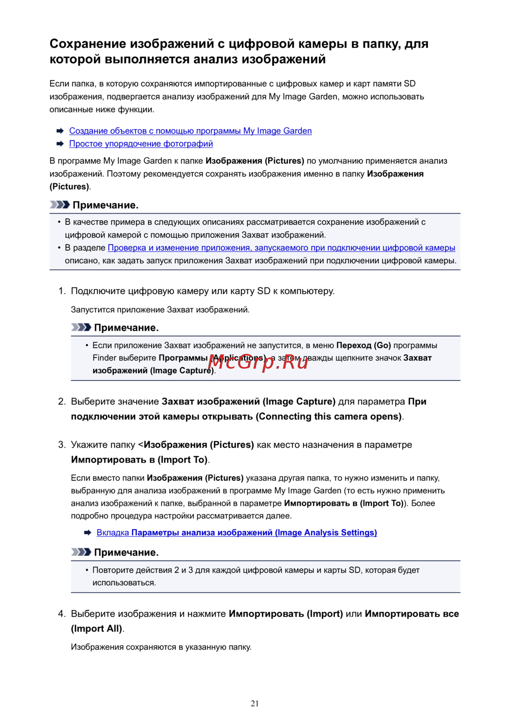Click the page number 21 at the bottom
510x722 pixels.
click(x=255, y=703)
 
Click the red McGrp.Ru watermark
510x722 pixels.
click(x=258, y=362)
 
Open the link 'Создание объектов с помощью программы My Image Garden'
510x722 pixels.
click(x=190, y=131)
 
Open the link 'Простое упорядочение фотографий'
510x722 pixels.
click(x=141, y=143)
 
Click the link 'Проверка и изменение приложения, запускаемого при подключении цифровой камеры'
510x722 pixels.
click(x=282, y=248)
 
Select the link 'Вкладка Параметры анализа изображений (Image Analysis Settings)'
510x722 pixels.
click(x=237, y=533)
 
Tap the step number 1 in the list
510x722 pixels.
click(x=61, y=291)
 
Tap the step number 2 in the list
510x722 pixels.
click(x=61, y=401)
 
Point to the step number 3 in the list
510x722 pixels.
click(x=61, y=445)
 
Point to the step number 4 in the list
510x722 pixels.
click(x=61, y=614)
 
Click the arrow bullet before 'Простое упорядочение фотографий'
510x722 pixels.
click(x=60, y=144)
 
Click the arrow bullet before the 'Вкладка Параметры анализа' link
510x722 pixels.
click(x=87, y=533)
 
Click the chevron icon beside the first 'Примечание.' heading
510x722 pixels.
click(x=60, y=205)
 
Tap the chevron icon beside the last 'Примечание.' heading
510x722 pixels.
click(x=81, y=552)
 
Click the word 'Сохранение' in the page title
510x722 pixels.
click(x=87, y=44)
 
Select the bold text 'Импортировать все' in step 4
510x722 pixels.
click(x=412, y=614)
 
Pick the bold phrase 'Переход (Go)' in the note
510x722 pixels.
click(x=364, y=345)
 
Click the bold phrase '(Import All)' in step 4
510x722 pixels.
click(x=97, y=629)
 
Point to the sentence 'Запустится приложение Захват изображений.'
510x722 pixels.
click(x=160, y=309)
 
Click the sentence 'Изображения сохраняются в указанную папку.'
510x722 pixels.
click(x=161, y=647)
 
